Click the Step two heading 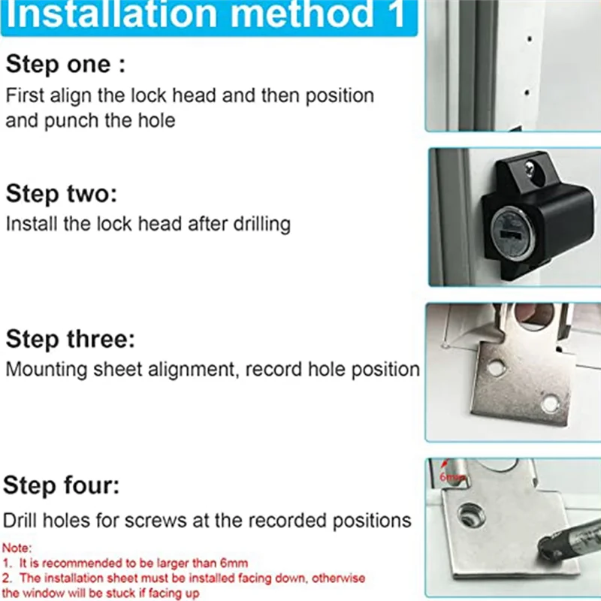click(62, 194)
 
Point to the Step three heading click(71, 339)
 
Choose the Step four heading click(61, 485)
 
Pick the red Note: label click(17, 548)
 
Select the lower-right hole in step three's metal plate click(550, 403)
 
